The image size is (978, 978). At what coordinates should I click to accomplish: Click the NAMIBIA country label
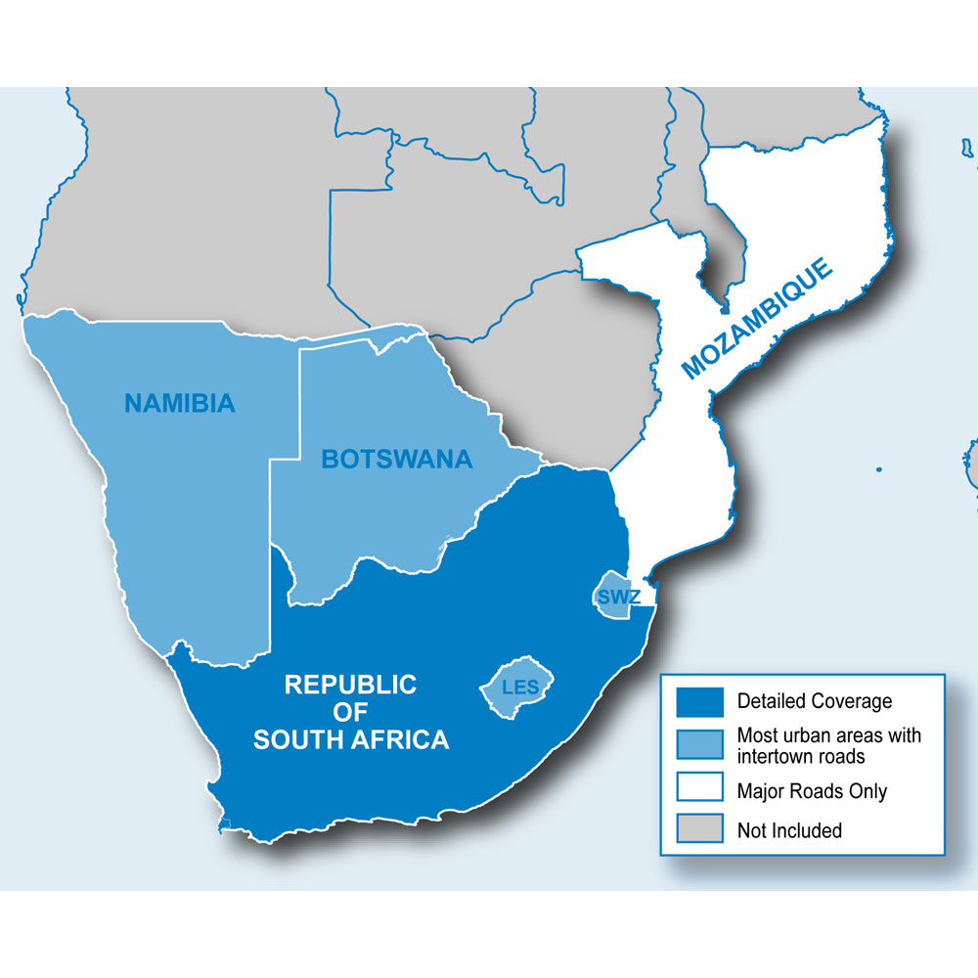(x=180, y=402)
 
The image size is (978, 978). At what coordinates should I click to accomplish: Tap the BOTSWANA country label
(x=396, y=458)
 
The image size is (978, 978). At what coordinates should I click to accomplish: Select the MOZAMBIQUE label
(x=759, y=318)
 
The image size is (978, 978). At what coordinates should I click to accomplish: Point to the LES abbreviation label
(x=519, y=688)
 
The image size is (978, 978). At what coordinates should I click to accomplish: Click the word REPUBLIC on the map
(x=350, y=685)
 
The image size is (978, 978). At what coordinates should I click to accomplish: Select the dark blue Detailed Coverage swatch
(x=700, y=701)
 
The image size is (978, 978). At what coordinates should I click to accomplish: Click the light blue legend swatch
(x=700, y=744)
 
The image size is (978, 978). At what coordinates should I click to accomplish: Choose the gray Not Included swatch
(x=700, y=829)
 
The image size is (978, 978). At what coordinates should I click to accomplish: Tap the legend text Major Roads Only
(x=812, y=790)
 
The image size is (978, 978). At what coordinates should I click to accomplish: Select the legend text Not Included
(x=789, y=830)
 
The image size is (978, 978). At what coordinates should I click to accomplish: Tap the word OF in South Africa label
(x=350, y=712)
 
